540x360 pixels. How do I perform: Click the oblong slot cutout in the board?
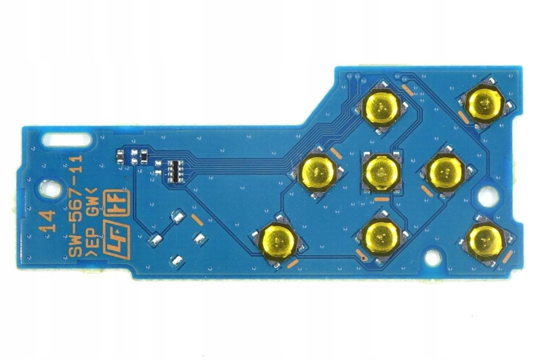coord(66,139)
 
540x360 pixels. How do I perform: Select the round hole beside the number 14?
coord(49,189)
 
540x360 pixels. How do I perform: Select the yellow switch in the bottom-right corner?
coord(485,240)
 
